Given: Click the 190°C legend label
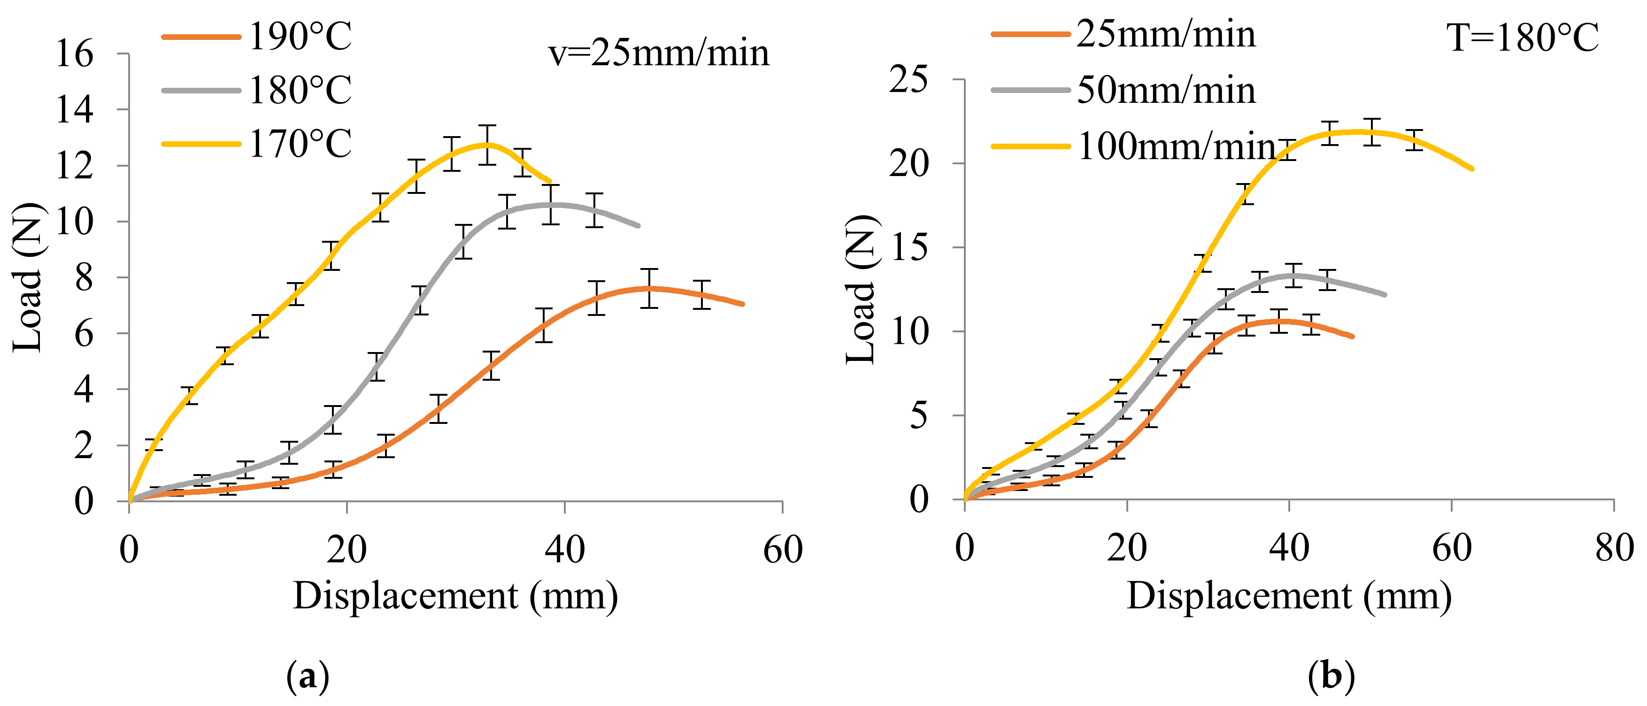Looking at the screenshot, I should click(300, 37).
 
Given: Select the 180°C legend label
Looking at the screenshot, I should click(300, 90).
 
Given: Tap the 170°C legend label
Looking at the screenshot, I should click(300, 144).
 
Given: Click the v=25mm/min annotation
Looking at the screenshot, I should click(659, 53).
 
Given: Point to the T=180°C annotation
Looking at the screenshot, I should click(1522, 37).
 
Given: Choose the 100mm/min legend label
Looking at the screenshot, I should click(1177, 146).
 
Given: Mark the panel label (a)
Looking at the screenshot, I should click(308, 676).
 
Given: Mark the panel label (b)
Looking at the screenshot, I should click(1331, 676).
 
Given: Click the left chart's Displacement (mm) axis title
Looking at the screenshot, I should click(455, 596).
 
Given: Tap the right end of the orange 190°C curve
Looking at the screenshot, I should click(742, 304).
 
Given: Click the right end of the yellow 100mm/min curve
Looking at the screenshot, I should click(1472, 169).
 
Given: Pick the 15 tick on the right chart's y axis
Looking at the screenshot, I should click(908, 247).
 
